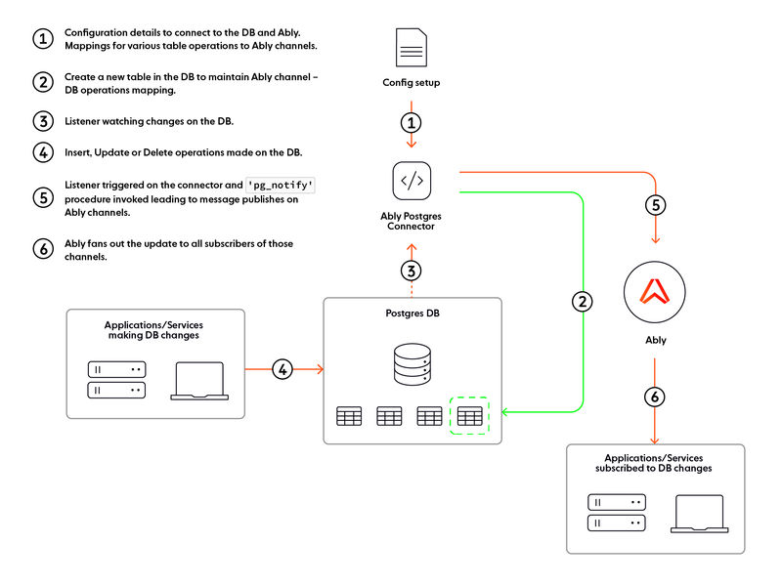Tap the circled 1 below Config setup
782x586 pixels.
tap(412, 123)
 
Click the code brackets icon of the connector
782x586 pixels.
tap(412, 181)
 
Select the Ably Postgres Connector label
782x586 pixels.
tap(412, 221)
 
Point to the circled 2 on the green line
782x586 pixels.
tap(583, 302)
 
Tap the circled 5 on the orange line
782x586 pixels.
tap(655, 207)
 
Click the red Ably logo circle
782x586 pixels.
tap(655, 291)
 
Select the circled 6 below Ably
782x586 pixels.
tap(655, 398)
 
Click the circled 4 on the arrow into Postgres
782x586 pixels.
tap(282, 369)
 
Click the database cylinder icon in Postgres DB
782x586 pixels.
tap(412, 363)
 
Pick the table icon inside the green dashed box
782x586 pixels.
tap(469, 417)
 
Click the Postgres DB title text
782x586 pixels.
tap(412, 314)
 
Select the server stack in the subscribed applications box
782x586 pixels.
tap(616, 513)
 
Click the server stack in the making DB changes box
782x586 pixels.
tap(117, 380)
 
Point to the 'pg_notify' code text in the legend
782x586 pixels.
tap(281, 184)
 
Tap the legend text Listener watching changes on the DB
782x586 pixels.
tap(149, 121)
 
